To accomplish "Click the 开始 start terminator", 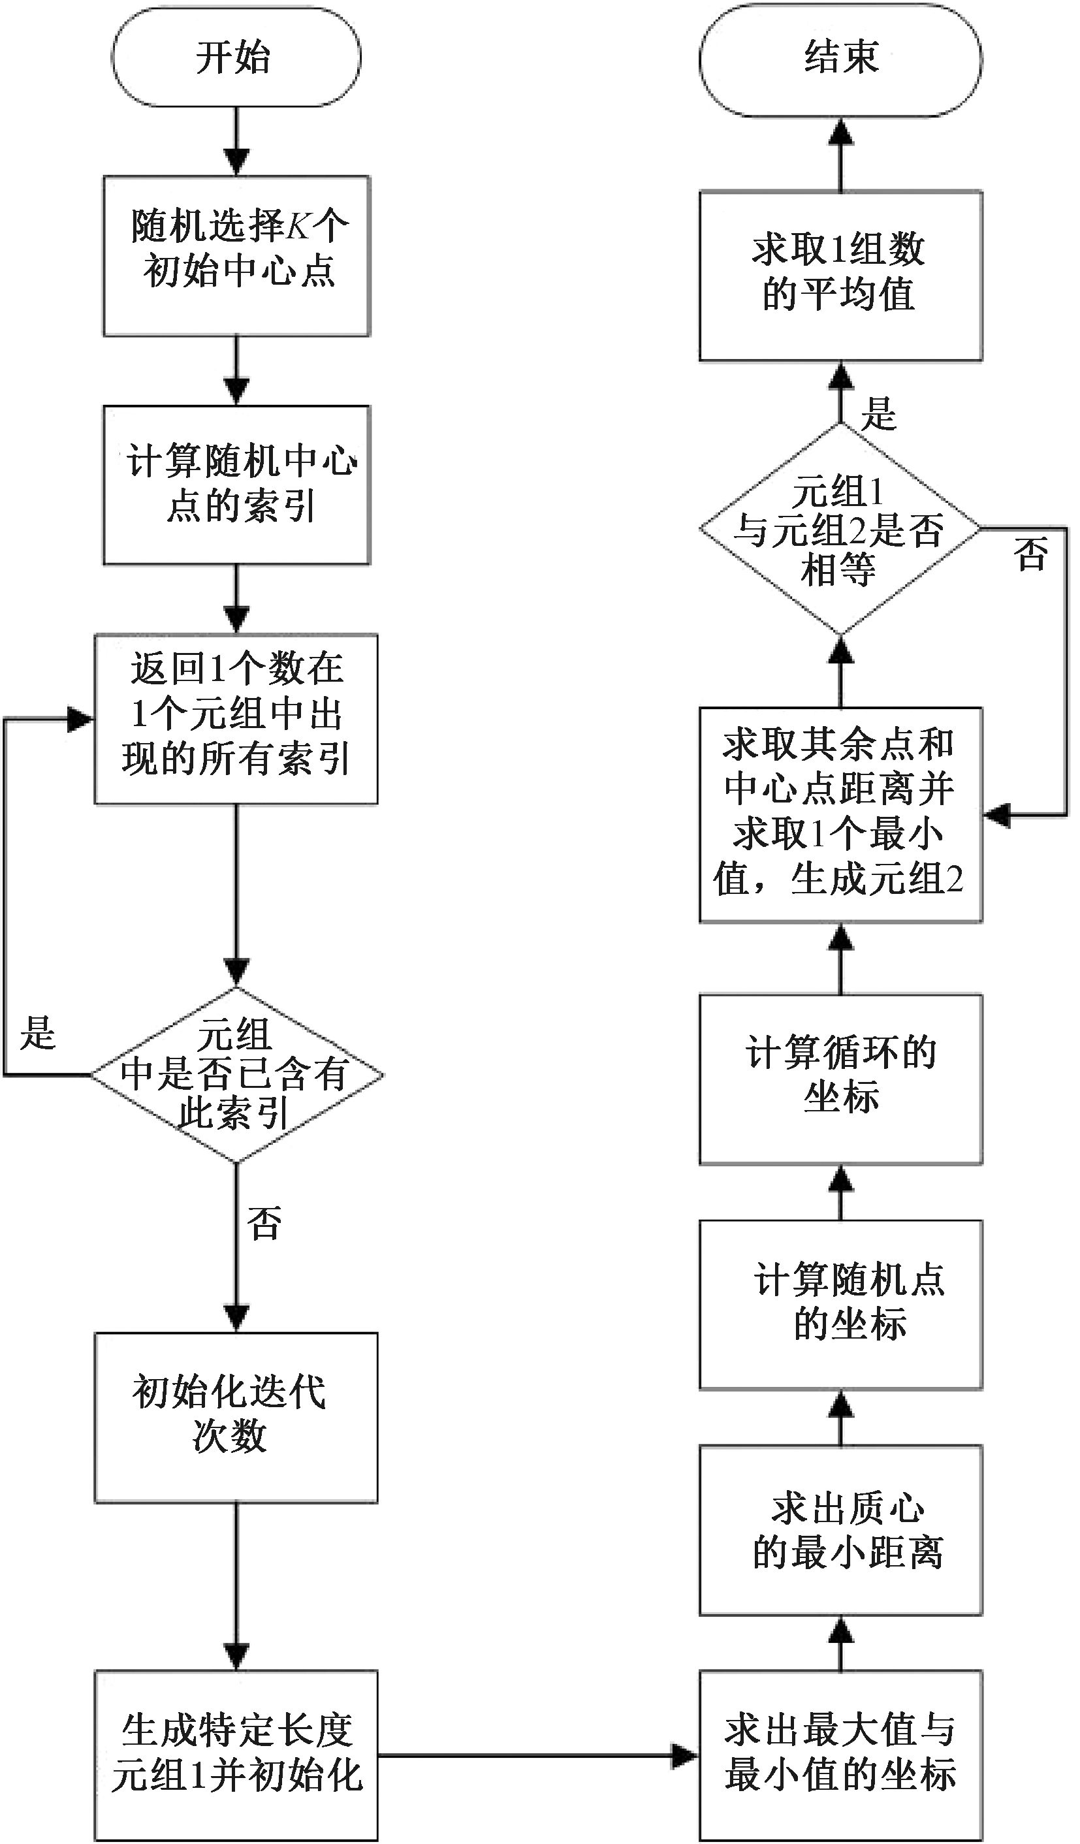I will pos(236,57).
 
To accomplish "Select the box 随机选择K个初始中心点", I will pos(236,255).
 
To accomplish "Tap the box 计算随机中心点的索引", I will pos(236,485).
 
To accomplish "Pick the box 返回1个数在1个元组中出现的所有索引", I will pos(236,718).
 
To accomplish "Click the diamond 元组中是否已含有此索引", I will pos(236,1075).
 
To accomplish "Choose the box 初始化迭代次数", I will pos(236,1417).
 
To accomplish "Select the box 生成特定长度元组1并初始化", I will pos(236,1755).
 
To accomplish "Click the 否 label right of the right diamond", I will pos(1031,554).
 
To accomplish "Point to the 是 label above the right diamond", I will pos(878,413).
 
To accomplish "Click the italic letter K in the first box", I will pos(298,227).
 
